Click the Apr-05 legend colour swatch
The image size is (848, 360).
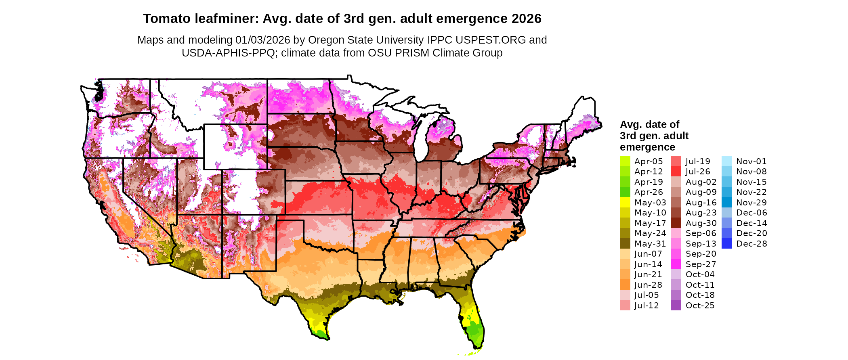tap(625, 161)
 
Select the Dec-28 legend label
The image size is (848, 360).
tap(751, 243)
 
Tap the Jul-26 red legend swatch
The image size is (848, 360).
tap(676, 172)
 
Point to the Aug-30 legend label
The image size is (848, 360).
tap(701, 223)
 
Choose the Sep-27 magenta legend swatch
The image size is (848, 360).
tap(676, 264)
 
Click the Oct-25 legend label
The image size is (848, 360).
tap(700, 305)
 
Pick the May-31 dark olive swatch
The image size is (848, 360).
tap(625, 243)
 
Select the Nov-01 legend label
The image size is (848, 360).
tap(751, 161)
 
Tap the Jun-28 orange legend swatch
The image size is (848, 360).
tap(625, 285)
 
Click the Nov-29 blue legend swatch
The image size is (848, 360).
tap(726, 202)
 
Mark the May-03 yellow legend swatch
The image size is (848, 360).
tap(625, 202)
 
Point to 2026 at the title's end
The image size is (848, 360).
tap(526, 19)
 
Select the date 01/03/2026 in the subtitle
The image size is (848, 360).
tap(262, 40)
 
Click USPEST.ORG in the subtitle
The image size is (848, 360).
tap(491, 40)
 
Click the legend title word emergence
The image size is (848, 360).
tap(647, 147)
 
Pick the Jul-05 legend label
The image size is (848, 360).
tap(646, 295)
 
